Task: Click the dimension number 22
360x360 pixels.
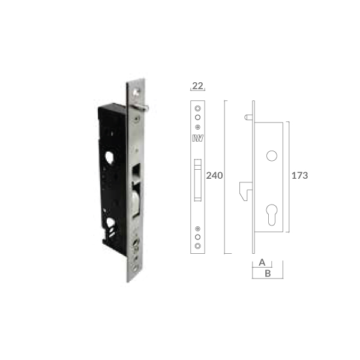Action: point(197,86)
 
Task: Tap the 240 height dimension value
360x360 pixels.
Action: point(214,176)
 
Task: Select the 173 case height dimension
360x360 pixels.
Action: point(299,176)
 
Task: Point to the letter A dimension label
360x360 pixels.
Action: point(262,262)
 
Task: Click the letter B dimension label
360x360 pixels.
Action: point(268,274)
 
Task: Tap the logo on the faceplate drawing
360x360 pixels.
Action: point(197,138)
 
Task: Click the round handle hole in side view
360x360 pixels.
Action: point(272,156)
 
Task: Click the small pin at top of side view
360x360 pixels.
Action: point(248,118)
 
